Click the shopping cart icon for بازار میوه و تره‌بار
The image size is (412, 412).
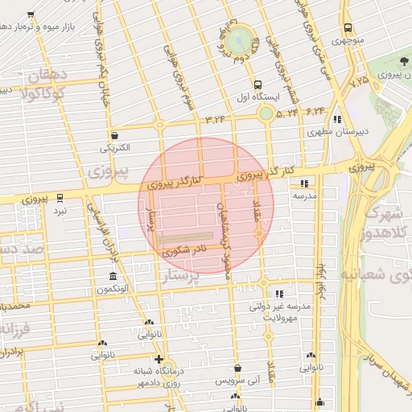(x=31, y=15)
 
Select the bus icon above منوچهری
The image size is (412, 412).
(x=348, y=26)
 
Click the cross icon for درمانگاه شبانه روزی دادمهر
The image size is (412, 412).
(x=159, y=360)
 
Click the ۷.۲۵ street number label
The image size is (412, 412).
(x=358, y=81)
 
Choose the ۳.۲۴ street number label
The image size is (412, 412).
(x=216, y=120)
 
